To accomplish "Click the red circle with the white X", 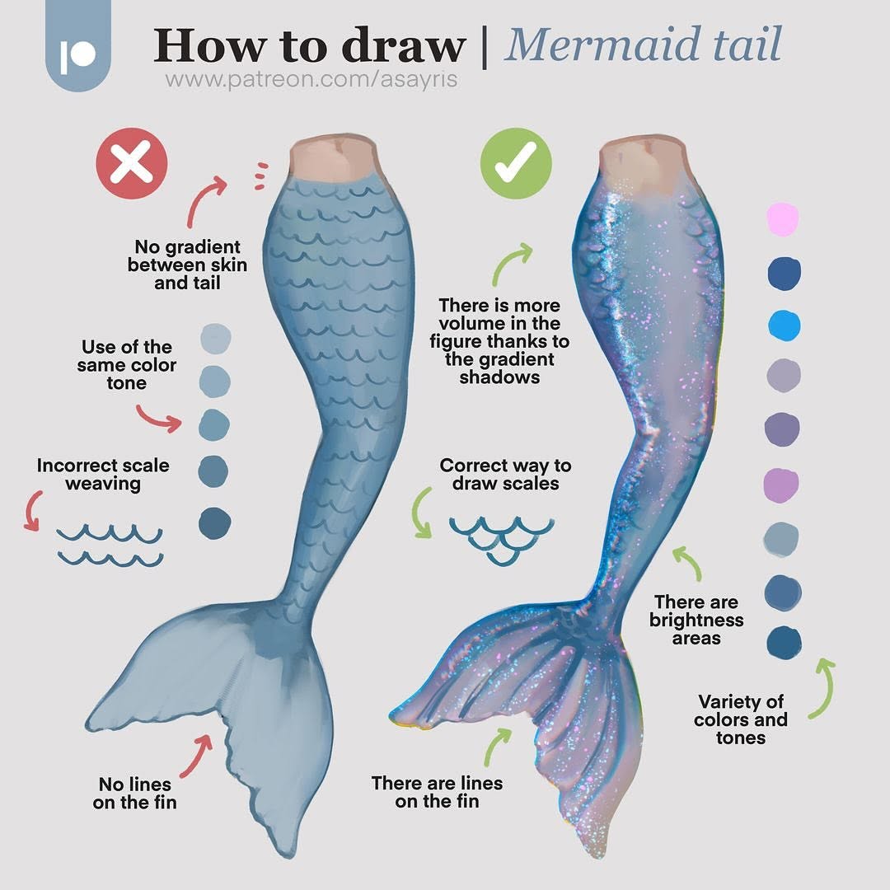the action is (132, 163).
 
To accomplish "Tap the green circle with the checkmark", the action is (516, 163).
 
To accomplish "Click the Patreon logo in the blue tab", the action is (77, 56).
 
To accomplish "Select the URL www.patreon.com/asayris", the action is (311, 79).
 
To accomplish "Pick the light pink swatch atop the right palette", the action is (784, 219).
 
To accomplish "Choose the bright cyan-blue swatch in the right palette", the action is (785, 326).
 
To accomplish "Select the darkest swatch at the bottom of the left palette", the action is (214, 522).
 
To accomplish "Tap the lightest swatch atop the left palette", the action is (216, 339).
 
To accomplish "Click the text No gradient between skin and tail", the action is (187, 265).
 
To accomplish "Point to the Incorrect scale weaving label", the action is (103, 475).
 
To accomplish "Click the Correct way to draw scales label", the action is (505, 475).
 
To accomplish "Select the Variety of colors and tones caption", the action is (741, 719).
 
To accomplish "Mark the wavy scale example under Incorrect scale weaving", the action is (110, 546).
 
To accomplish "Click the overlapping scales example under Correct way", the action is (502, 539).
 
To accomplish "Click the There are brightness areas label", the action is (696, 620).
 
